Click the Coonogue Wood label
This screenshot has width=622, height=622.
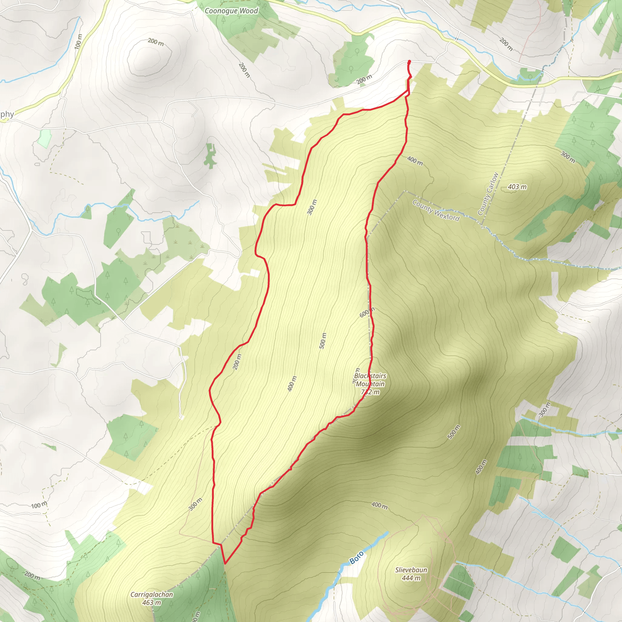point(231,11)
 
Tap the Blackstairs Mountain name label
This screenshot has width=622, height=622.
point(370,380)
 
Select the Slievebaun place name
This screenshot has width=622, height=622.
point(411,570)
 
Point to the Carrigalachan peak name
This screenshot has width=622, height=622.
point(152,595)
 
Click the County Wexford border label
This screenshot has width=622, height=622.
point(436,210)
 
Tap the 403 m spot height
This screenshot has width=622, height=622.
point(517,187)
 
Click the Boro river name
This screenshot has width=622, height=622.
point(357,557)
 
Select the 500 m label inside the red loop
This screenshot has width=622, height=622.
point(323,341)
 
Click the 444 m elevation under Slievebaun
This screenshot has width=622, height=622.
point(411,578)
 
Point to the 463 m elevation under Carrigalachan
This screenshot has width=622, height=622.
point(152,602)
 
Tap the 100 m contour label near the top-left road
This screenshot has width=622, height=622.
point(78,42)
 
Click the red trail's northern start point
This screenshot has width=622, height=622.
point(409,61)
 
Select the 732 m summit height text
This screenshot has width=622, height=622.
point(370,392)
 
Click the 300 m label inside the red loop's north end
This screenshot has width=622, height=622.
point(312,207)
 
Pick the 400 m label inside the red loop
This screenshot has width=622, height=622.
point(292,384)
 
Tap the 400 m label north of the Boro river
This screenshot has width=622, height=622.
point(379,505)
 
